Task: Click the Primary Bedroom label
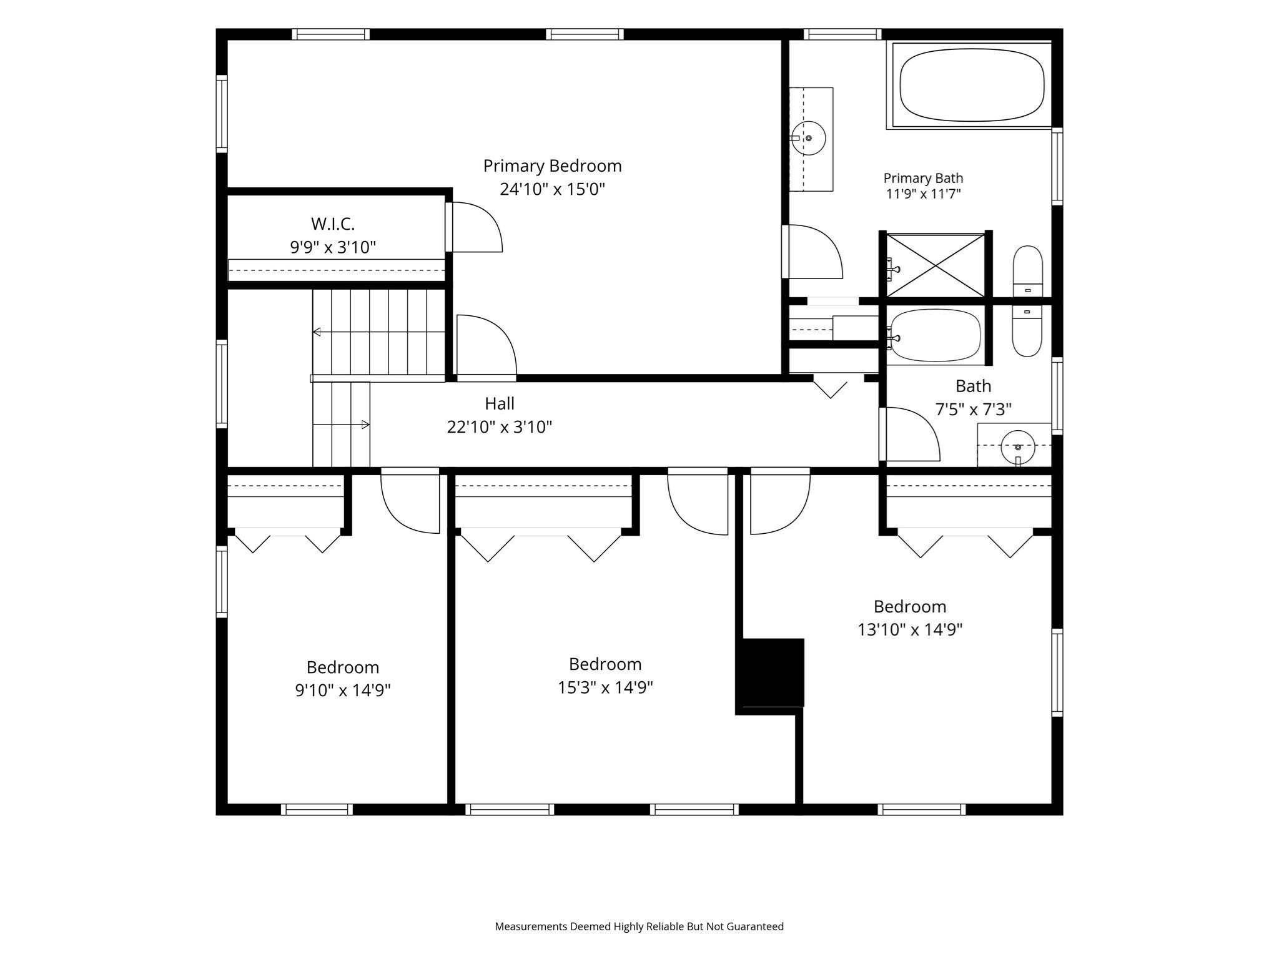pos(552,166)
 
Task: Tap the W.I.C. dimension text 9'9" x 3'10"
pos(333,248)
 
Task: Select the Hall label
pos(500,404)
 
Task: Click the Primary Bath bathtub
pos(972,86)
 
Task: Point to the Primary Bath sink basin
pos(808,138)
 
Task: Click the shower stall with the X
pos(936,265)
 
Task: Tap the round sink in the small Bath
pos(1018,447)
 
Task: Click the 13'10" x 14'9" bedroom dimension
pos(910,629)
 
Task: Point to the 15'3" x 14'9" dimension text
pos(605,687)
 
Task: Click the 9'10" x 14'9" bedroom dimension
pos(343,691)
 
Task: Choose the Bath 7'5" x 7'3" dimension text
pos(973,410)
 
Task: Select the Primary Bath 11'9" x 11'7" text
pos(923,194)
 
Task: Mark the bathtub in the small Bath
pos(935,335)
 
